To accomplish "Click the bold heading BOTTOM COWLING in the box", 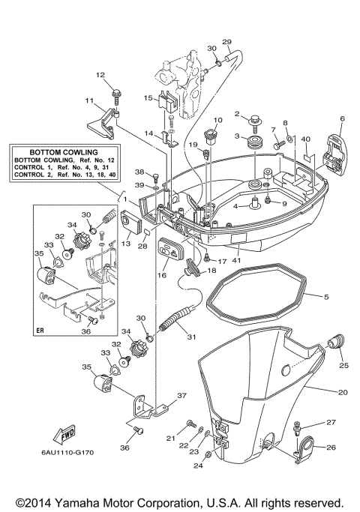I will pyautogui.click(x=67, y=151).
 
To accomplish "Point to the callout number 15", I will pyautogui.click(x=148, y=97).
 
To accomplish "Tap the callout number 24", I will pyautogui.click(x=198, y=466).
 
